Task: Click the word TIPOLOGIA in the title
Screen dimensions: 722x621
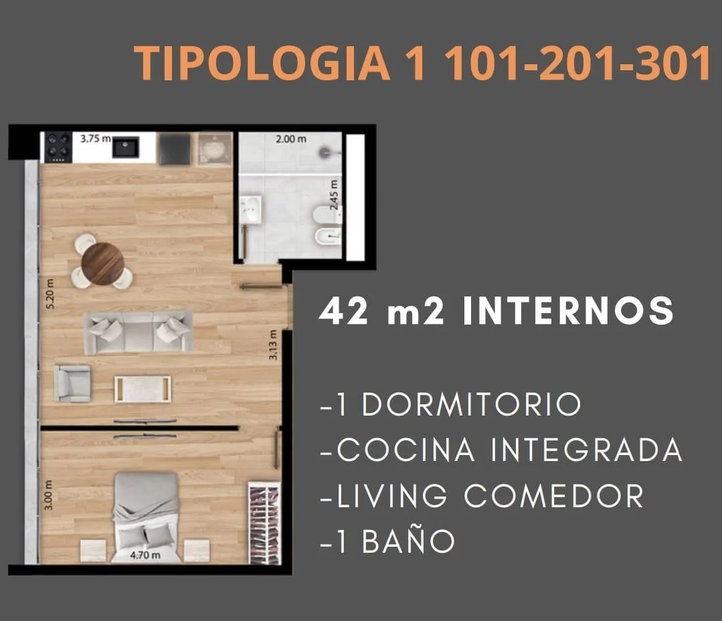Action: [262, 64]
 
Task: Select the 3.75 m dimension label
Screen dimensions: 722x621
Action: [96, 138]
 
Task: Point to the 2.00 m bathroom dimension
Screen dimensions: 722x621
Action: [291, 139]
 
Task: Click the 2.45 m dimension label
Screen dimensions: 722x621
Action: [335, 195]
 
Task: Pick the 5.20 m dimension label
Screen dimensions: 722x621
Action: [50, 294]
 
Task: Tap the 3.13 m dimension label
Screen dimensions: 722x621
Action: [273, 345]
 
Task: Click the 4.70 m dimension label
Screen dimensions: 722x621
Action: [145, 555]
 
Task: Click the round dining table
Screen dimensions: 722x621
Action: [102, 264]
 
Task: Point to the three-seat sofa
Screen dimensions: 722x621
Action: [139, 332]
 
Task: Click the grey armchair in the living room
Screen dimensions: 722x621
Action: [72, 383]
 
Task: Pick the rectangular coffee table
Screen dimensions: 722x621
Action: [143, 389]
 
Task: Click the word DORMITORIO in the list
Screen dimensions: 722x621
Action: [472, 405]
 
